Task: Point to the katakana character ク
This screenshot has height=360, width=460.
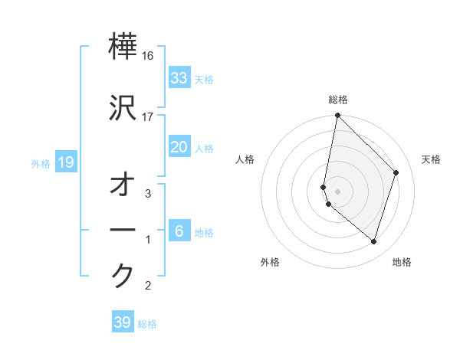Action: [x=123, y=275]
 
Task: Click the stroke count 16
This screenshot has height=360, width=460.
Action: [x=148, y=57]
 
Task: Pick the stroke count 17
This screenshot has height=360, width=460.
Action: [x=148, y=116]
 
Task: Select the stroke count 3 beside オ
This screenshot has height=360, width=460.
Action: [x=148, y=194]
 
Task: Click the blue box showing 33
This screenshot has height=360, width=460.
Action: [x=179, y=78]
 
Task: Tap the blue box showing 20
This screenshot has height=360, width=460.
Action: [x=179, y=147]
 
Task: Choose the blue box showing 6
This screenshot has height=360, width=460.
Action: [x=179, y=231]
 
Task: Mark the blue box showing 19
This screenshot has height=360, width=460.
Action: [x=65, y=162]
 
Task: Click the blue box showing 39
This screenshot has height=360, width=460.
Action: [x=122, y=322]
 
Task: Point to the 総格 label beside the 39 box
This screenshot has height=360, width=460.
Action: [x=147, y=324]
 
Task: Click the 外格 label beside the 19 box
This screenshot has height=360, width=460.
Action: [x=41, y=163]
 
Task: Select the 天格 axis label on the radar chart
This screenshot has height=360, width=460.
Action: [x=431, y=159]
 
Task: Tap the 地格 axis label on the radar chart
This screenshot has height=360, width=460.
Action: [x=402, y=262]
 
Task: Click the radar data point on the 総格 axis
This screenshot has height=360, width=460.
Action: [x=337, y=116]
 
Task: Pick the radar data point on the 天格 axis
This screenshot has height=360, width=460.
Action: [x=396, y=172]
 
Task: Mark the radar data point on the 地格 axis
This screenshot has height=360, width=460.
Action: [x=373, y=241]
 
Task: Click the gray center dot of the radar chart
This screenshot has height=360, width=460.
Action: [x=337, y=191]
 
